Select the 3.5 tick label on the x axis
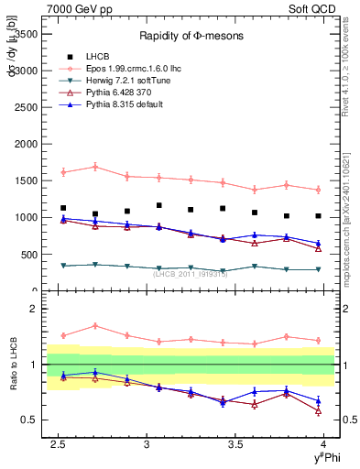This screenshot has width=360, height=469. (x=235, y=444)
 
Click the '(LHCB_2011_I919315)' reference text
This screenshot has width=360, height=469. (x=191, y=273)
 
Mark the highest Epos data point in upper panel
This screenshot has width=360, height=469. (x=95, y=167)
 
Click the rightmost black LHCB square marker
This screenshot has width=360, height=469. (x=318, y=216)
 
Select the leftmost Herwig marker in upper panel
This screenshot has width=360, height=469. (x=63, y=266)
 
